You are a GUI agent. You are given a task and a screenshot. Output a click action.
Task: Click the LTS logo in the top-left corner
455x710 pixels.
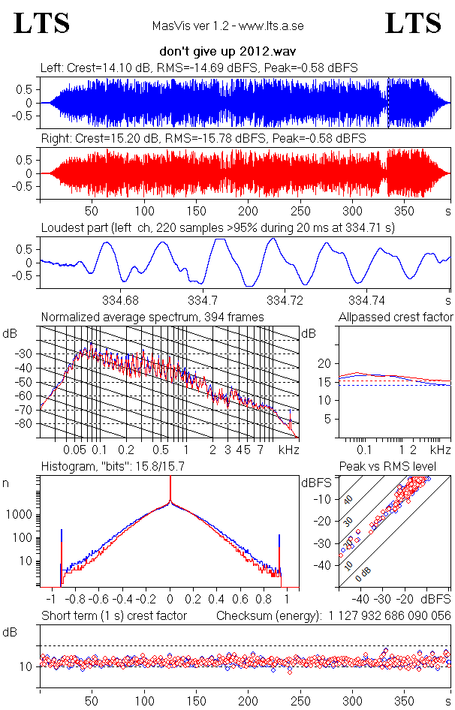pos(42,24)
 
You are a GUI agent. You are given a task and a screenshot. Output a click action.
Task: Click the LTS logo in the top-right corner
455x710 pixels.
pos(413,24)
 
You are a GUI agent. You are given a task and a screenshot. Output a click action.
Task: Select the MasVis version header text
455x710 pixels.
pos(227,26)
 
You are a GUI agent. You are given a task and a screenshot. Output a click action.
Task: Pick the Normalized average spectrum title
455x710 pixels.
pos(152,317)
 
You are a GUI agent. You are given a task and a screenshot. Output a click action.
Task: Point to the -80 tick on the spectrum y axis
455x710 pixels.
pos(26,423)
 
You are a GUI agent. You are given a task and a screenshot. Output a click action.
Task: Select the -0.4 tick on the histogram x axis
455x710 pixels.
pos(120,600)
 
